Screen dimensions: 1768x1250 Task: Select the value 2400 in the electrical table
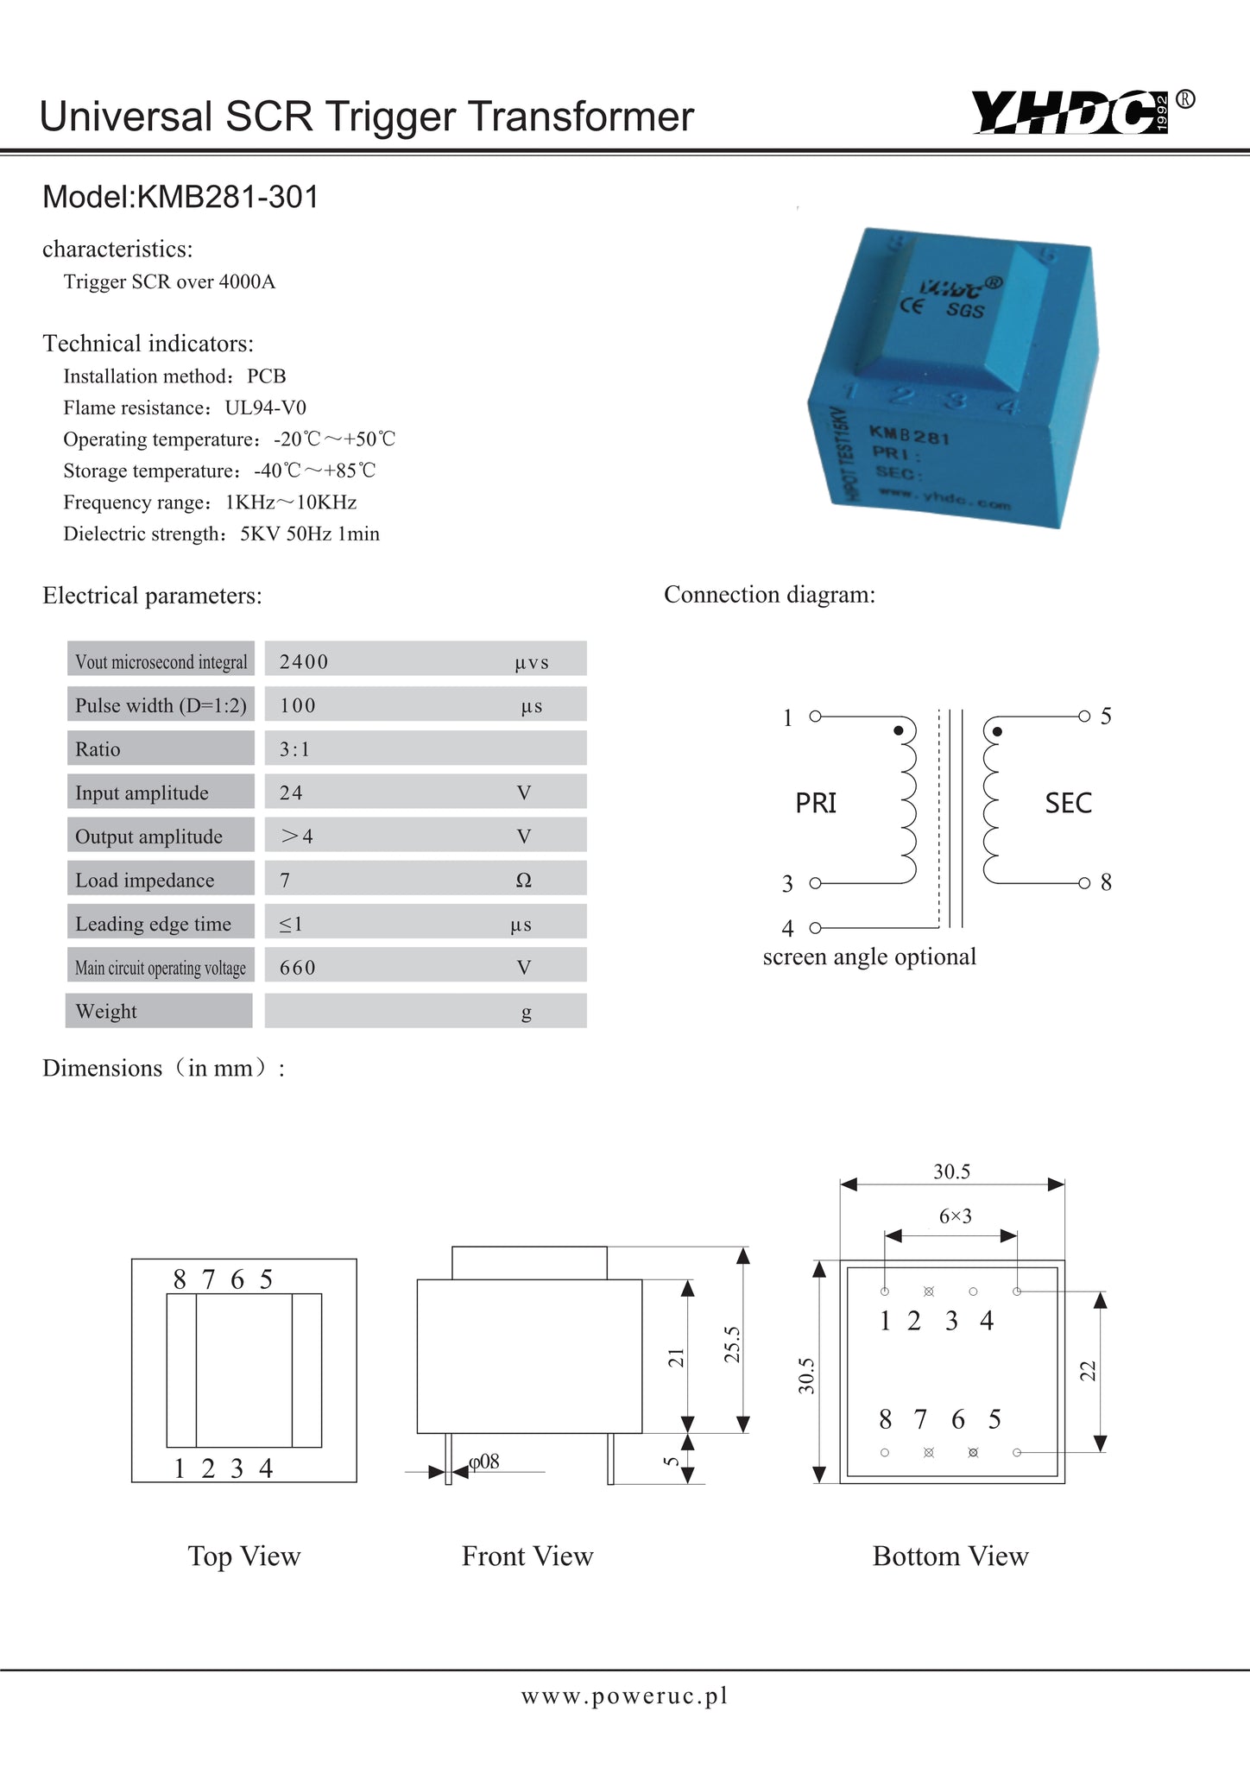[x=304, y=662]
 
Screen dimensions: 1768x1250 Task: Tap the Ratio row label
[x=98, y=749]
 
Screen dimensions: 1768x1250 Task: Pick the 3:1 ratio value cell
[x=294, y=749]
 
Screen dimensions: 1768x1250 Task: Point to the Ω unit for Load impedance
[x=523, y=880]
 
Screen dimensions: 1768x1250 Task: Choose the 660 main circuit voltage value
[x=297, y=967]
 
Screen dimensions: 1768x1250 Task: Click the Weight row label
[x=106, y=1011]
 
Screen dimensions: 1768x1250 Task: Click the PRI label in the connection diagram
[x=816, y=803]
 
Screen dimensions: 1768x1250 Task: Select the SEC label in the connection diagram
[x=1068, y=803]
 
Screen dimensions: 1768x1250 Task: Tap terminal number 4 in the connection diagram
[x=787, y=928]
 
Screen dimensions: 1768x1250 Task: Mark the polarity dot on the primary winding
[x=899, y=731]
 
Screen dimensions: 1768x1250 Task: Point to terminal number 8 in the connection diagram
[x=1106, y=882]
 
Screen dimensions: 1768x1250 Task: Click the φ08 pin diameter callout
[x=484, y=1461]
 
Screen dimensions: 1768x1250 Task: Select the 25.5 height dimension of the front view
[x=732, y=1344]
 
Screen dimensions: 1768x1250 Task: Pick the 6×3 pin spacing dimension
[x=956, y=1216]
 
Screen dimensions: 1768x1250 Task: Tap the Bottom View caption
[x=950, y=1556]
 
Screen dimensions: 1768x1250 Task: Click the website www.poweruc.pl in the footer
[x=624, y=1695]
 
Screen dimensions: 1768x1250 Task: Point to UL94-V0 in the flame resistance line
[x=266, y=407]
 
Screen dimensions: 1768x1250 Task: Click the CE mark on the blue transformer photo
[x=912, y=306]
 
